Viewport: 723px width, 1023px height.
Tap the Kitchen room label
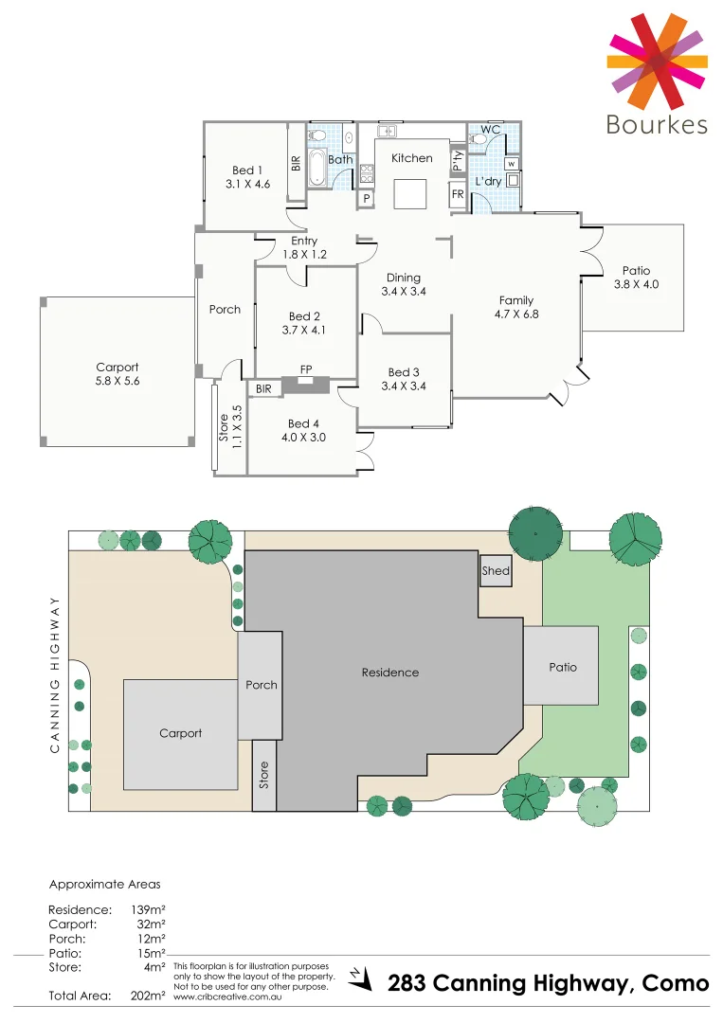(412, 158)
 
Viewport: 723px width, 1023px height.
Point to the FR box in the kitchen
(458, 194)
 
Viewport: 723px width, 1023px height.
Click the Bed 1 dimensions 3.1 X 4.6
(248, 185)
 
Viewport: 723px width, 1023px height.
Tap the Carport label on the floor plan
(117, 368)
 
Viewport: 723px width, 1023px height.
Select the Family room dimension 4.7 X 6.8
(516, 314)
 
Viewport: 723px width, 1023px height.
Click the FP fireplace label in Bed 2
(305, 369)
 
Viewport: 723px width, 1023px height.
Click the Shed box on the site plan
(496, 571)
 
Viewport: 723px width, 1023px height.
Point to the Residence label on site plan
(389, 673)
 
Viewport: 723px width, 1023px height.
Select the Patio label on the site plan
(563, 667)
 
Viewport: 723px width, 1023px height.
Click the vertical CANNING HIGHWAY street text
(55, 674)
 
